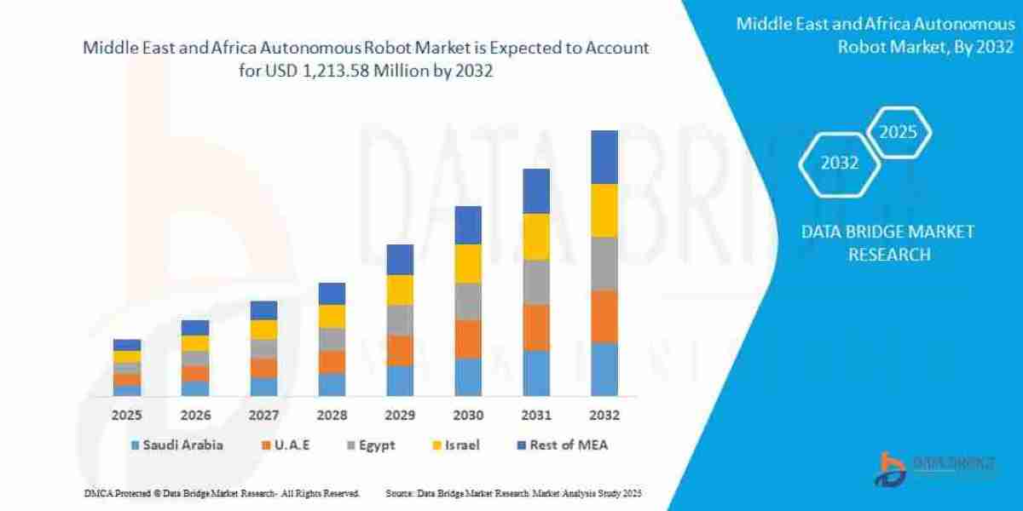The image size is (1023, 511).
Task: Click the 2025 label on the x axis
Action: pos(126,416)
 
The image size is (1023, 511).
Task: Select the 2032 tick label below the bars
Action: pos(604,416)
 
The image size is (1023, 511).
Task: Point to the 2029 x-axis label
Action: pos(399,416)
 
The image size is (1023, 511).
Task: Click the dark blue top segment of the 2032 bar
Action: pos(604,157)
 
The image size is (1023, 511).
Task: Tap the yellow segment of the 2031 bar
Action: pos(535,236)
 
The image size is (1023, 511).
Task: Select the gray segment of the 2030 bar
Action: pos(467,301)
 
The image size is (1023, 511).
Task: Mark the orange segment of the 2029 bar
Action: pos(399,350)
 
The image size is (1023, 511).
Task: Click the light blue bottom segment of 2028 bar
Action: pos(331,384)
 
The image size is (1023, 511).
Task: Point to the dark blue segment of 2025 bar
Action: pos(126,345)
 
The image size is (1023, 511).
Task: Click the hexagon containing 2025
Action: pos(898,133)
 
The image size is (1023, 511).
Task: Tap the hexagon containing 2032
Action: pos(839,164)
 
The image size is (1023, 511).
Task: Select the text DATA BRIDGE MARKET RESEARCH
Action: pos(888,243)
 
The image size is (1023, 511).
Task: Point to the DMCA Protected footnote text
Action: pos(222,493)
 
